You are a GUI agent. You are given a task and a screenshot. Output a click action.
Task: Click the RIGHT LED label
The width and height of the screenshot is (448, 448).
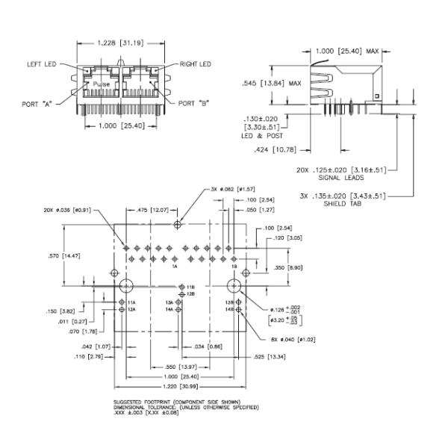(196, 64)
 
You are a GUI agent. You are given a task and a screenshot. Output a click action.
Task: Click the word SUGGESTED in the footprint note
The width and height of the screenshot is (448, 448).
(128, 402)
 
